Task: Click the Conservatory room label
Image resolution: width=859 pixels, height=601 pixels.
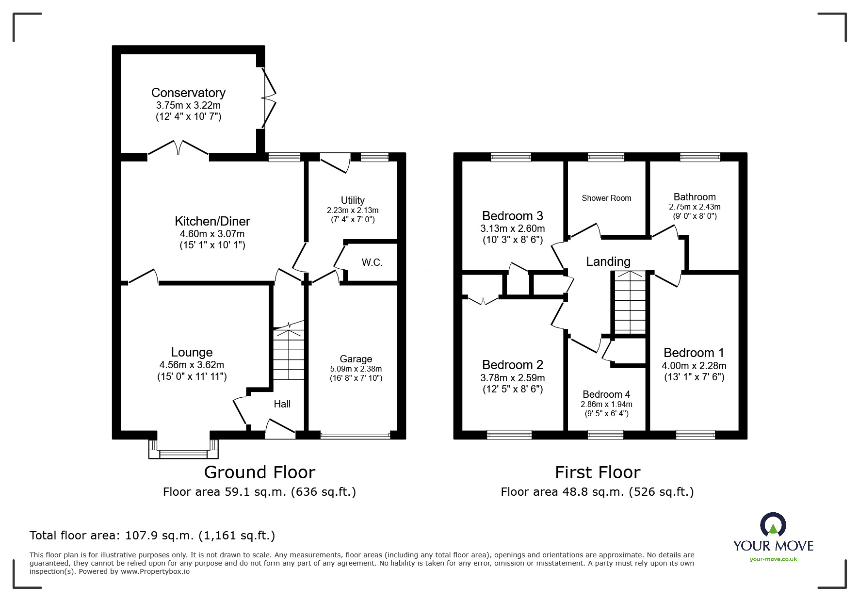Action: click(x=188, y=93)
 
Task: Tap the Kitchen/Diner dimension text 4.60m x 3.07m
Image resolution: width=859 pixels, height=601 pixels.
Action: click(x=212, y=234)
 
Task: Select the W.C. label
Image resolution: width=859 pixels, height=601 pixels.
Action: click(x=372, y=263)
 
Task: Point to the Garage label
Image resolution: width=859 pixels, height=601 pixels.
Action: click(x=356, y=359)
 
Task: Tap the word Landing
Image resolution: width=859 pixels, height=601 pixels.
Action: click(x=608, y=262)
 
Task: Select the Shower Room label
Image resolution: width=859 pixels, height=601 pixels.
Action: click(x=606, y=198)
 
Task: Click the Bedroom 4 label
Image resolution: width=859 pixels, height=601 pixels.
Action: click(x=606, y=394)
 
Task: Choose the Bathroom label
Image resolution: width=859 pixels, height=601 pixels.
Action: click(x=694, y=197)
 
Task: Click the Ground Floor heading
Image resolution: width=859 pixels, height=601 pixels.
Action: click(x=259, y=472)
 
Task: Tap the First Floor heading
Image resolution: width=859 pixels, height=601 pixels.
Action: click(x=597, y=472)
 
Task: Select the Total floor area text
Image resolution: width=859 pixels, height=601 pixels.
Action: click(x=152, y=536)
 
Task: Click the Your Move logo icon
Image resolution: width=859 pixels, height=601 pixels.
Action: click(x=773, y=525)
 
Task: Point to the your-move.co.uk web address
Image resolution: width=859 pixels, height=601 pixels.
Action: click(x=773, y=559)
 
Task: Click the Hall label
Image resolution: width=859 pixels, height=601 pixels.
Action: click(x=282, y=404)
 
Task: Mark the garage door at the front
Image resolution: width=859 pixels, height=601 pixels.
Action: click(x=355, y=436)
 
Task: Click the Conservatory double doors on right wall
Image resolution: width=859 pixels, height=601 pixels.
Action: click(x=268, y=98)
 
